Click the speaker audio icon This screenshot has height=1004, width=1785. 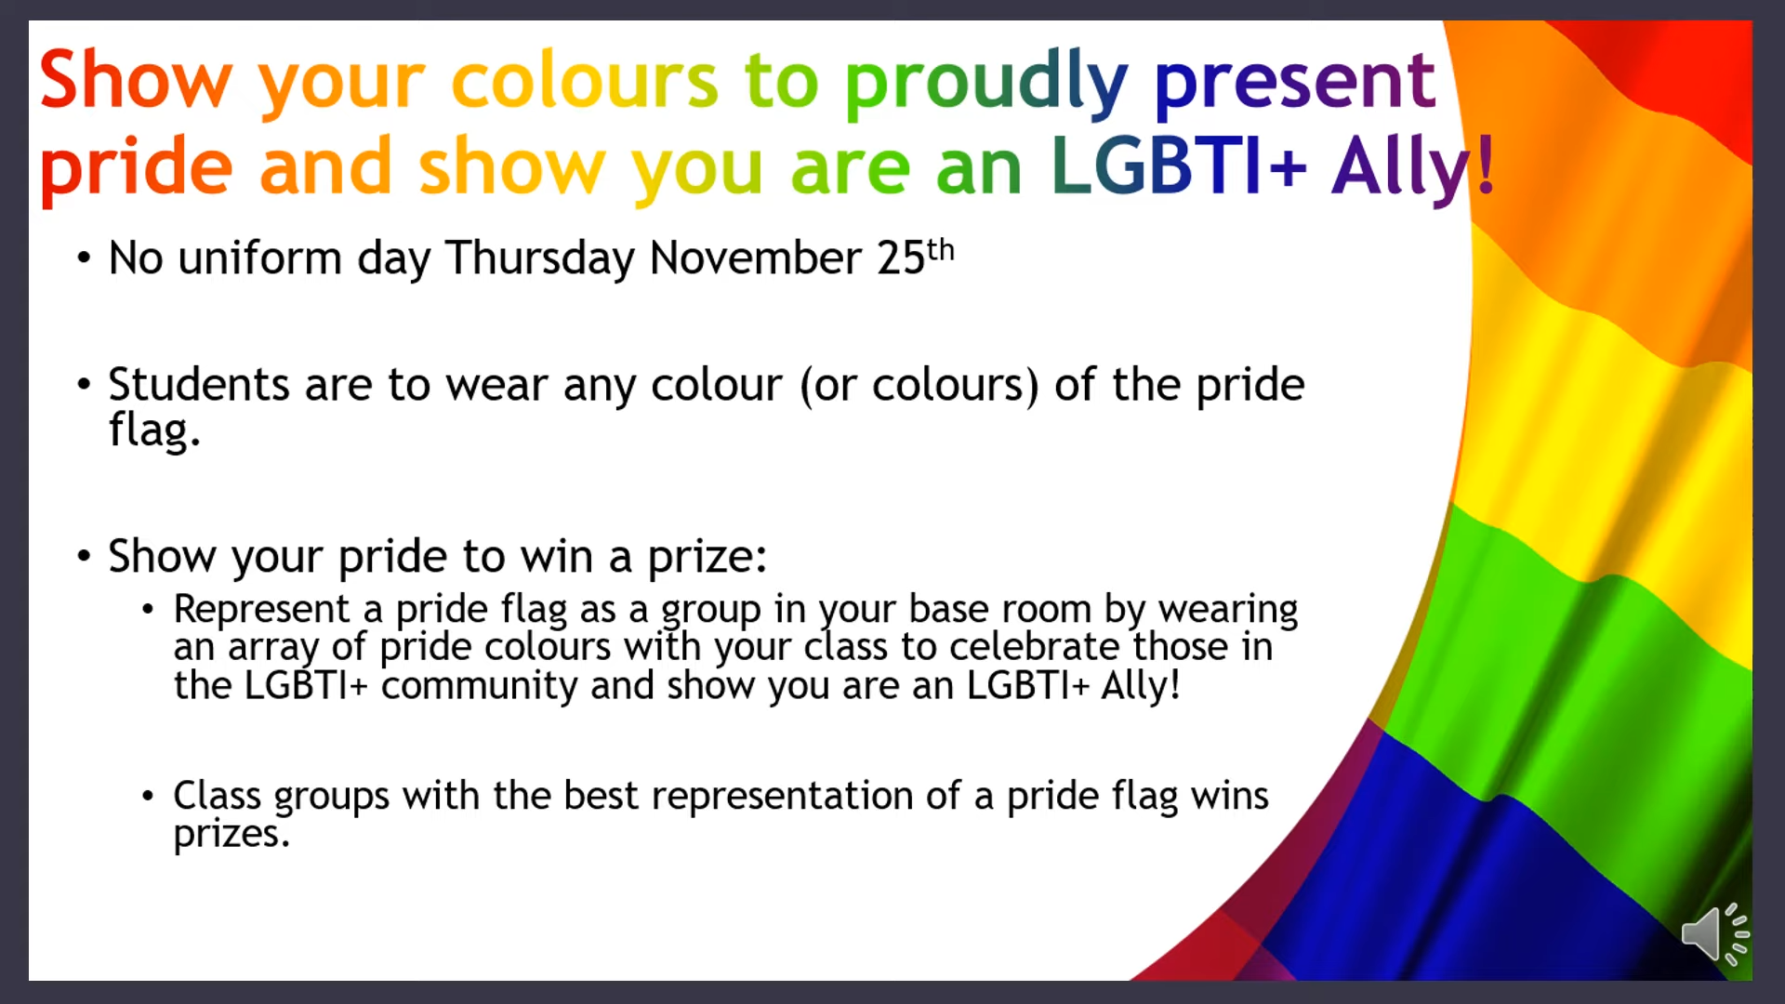(1715, 932)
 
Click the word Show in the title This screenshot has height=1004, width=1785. (136, 80)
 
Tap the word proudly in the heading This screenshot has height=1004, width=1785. (985, 84)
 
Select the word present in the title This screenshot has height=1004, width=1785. (1295, 84)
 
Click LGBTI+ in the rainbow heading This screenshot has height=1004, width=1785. (1179, 166)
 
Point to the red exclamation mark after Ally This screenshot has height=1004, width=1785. (1486, 165)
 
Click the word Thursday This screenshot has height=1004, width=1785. (539, 258)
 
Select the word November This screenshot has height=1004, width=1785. (756, 258)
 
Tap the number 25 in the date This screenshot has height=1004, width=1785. (901, 258)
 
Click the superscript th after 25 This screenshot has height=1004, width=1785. (941, 249)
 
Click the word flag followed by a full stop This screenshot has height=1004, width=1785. (154, 429)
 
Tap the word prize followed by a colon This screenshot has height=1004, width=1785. (707, 558)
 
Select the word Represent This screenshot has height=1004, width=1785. (262, 611)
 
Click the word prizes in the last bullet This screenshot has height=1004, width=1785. (231, 835)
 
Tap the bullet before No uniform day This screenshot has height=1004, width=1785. (85, 258)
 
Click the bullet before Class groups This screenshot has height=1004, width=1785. (148, 797)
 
